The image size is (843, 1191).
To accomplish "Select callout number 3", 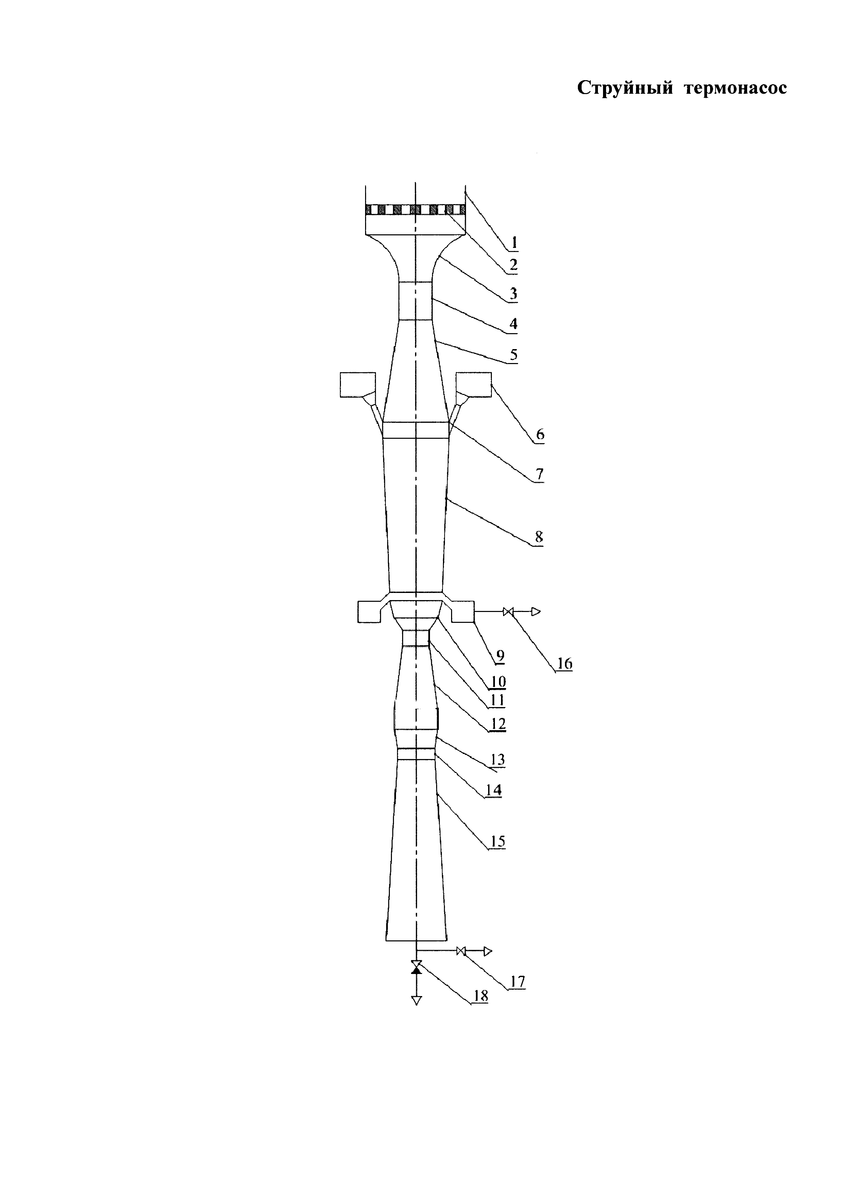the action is coord(513,294).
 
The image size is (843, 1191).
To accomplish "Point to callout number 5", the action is coord(513,355).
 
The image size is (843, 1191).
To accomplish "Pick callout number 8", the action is coord(539,537).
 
